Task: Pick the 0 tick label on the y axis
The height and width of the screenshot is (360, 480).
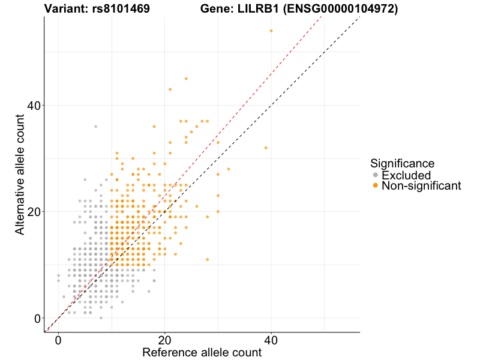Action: click(37, 318)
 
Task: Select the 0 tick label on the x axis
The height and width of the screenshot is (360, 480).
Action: click(58, 340)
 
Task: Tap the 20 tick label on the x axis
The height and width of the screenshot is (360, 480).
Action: click(164, 340)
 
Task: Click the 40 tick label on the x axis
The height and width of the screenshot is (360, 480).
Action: click(271, 340)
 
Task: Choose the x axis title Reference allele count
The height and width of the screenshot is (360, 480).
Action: click(202, 352)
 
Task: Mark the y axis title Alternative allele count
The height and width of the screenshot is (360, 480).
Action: click(20, 168)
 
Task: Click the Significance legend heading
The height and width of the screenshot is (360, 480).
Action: click(402, 163)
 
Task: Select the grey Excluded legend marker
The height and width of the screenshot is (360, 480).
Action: click(376, 175)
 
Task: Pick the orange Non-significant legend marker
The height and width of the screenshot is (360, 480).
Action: click(376, 186)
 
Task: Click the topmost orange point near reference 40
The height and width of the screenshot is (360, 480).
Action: click(271, 31)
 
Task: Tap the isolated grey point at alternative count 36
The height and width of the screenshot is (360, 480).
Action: click(95, 127)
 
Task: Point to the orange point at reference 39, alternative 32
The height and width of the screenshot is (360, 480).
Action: click(266, 148)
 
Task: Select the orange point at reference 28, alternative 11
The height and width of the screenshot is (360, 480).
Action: click(207, 259)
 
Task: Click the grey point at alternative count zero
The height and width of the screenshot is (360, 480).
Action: click(101, 318)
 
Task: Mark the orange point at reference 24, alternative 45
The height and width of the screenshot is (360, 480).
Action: click(186, 79)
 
